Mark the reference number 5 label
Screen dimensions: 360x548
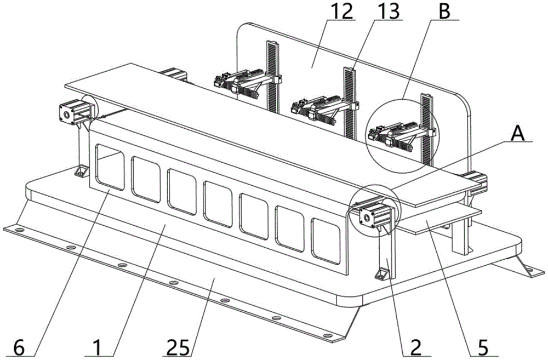(483, 346)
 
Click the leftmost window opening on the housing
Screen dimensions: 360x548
(110, 166)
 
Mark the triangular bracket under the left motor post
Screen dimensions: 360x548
(81, 172)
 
